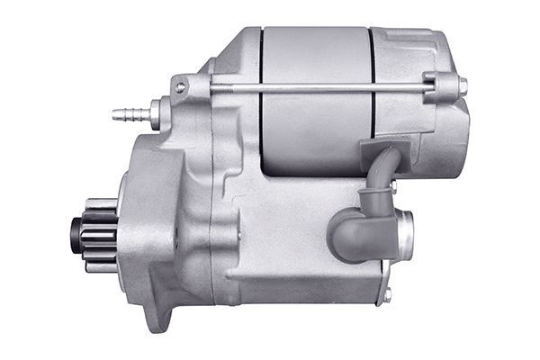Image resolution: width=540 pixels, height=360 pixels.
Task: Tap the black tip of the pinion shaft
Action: click(75, 234)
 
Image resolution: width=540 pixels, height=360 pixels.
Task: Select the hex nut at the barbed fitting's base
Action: click(153, 113)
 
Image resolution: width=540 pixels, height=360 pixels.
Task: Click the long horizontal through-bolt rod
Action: click(315, 87)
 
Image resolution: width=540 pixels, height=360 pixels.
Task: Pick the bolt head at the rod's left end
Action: click(182, 86)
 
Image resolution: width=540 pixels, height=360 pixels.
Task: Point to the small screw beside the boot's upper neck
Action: click(392, 185)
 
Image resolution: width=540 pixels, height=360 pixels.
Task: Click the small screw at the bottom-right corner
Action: click(388, 294)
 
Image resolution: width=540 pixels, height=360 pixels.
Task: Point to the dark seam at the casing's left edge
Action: click(261, 99)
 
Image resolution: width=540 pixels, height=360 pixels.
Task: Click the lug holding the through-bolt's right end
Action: click(444, 86)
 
